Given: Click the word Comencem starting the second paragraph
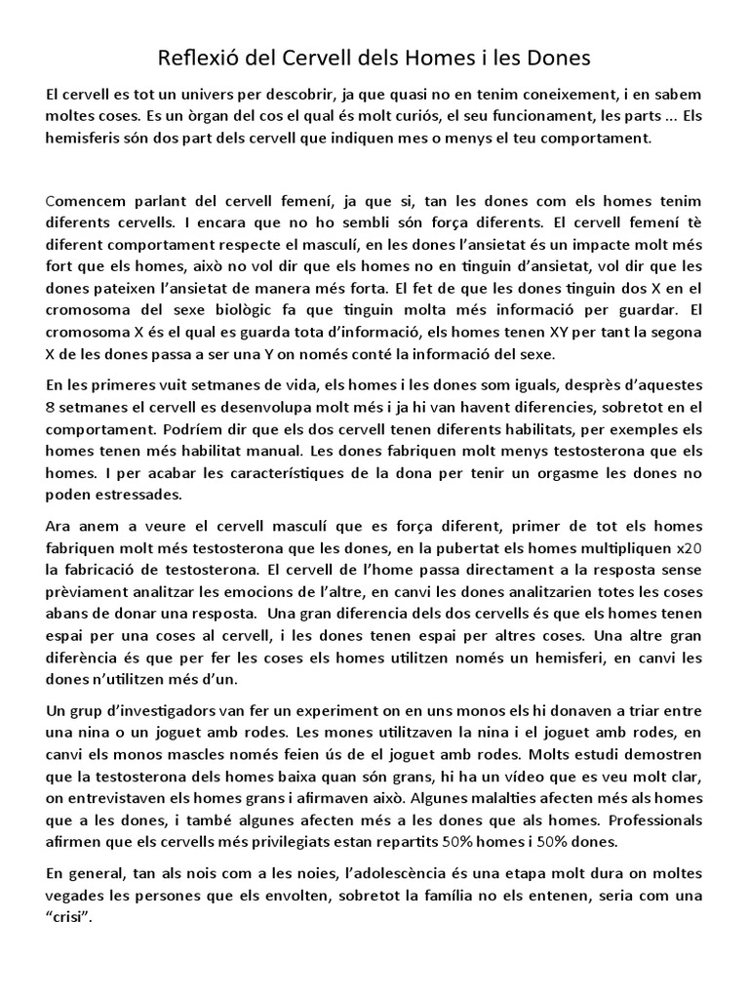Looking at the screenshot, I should (x=90, y=202).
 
